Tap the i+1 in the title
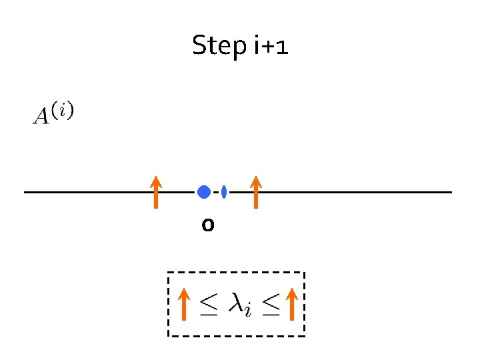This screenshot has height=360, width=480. tap(271, 46)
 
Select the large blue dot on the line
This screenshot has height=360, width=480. tap(204, 192)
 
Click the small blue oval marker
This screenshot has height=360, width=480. tap(224, 192)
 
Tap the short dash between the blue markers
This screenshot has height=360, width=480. tap(216, 193)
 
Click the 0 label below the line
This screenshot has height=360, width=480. tap(208, 226)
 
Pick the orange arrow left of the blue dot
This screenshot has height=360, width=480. tap(155, 192)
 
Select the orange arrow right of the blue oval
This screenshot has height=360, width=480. tap(256, 192)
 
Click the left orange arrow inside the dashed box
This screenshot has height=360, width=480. tap(184, 305)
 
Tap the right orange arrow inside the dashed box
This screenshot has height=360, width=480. tap(291, 305)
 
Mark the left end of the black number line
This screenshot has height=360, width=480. tap(25, 193)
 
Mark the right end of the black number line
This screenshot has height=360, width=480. tap(451, 193)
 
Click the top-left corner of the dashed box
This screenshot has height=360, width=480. tap(168, 273)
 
